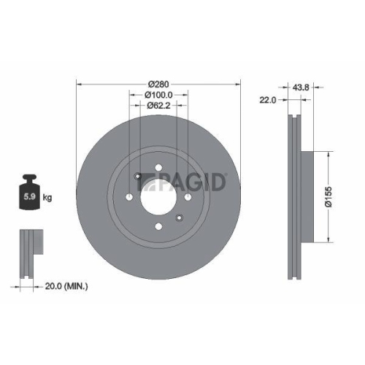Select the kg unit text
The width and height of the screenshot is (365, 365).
(48, 197)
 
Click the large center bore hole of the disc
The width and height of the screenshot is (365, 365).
(158, 197)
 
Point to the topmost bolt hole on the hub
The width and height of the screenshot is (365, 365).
(158, 167)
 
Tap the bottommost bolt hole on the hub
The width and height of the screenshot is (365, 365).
(158, 228)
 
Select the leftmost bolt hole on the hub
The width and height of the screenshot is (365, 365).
(128, 197)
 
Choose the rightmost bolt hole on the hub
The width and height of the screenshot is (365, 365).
(188, 197)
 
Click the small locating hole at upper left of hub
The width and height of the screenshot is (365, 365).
(137, 175)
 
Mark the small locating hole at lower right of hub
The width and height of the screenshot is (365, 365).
(178, 219)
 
